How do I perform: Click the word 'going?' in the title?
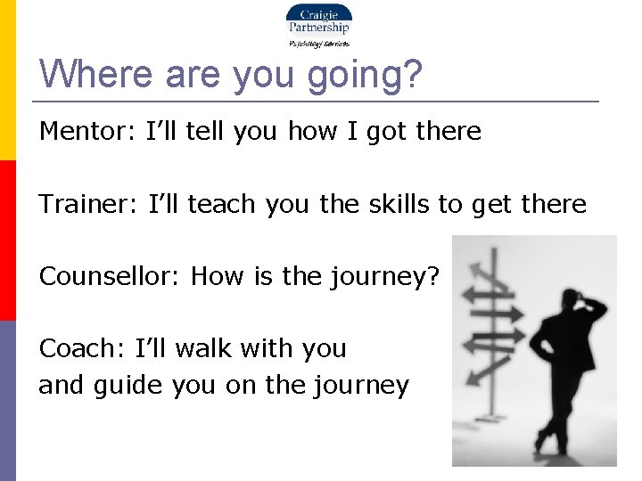point(364,73)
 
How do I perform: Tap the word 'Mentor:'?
point(79,132)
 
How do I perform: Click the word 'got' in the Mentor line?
point(386,132)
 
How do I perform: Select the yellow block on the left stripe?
point(7,80)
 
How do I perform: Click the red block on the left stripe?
point(7,240)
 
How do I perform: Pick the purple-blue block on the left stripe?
point(7,401)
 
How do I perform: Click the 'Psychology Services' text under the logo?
point(318,43)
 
